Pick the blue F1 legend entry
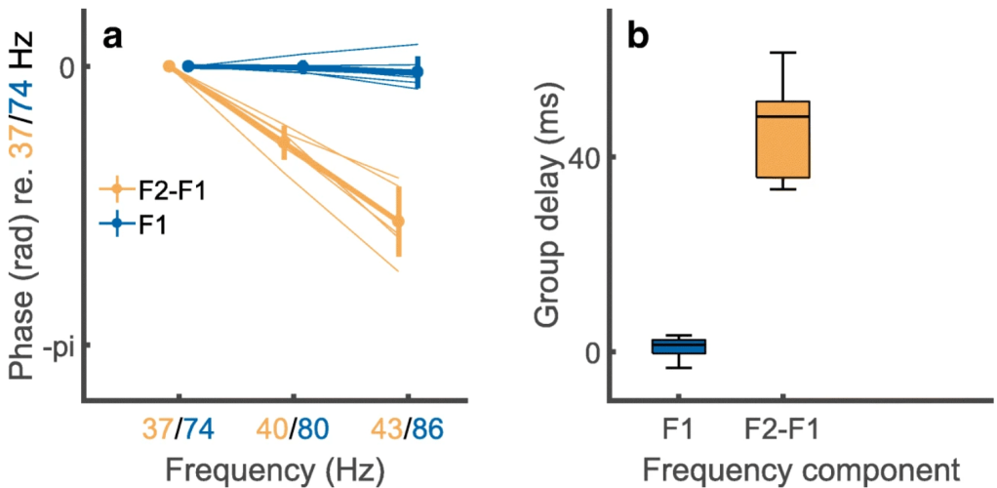point(136,224)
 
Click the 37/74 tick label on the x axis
point(178,427)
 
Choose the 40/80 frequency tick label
point(294,427)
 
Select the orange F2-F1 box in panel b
point(783,140)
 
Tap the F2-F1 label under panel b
point(783,427)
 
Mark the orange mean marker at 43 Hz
point(398,222)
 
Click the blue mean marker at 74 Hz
point(188,66)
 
